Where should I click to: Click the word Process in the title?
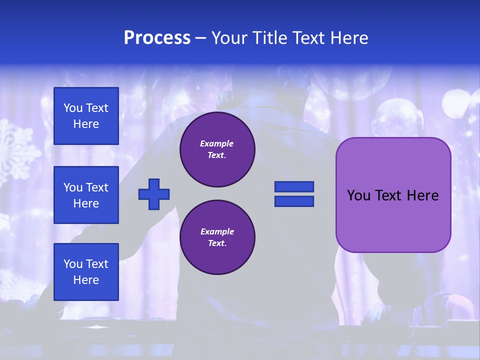[157, 38]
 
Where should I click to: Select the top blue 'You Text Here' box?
[86, 116]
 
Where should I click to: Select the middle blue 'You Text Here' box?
[86, 195]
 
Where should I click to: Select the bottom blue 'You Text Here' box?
[86, 272]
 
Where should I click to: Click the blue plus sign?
[154, 194]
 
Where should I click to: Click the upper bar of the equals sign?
[294, 186]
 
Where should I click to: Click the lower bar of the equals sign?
[294, 201]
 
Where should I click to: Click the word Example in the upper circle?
[217, 143]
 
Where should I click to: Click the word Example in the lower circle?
[217, 231]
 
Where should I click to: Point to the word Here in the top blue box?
[86, 124]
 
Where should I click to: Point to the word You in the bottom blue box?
[73, 264]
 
